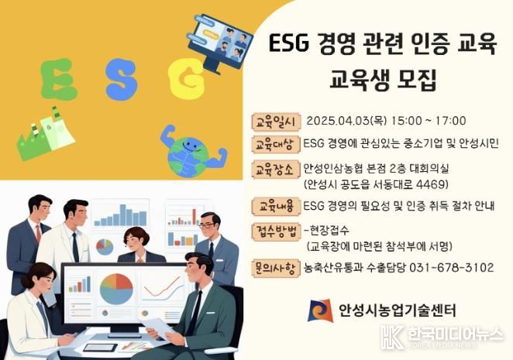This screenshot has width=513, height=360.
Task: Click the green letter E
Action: [58, 80]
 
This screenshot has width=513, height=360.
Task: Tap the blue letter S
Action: [122, 80]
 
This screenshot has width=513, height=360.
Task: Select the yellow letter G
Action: [187, 80]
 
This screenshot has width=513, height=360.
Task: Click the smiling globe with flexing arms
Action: [193, 151]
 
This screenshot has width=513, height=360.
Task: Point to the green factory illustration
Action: [46, 134]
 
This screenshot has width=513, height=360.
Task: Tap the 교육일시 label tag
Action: [276, 122]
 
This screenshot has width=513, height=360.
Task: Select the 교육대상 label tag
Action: [276, 144]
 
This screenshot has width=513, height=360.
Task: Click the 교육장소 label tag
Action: [276, 170]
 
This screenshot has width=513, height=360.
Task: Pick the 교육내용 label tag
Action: [276, 206]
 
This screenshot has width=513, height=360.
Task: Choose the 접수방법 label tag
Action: [276, 231]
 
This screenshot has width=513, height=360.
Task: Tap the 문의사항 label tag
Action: [276, 268]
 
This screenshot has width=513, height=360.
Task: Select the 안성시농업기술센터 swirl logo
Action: [320, 310]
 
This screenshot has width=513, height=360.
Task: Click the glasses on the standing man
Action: [207, 225]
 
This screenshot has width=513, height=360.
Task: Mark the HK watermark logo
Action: [392, 337]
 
